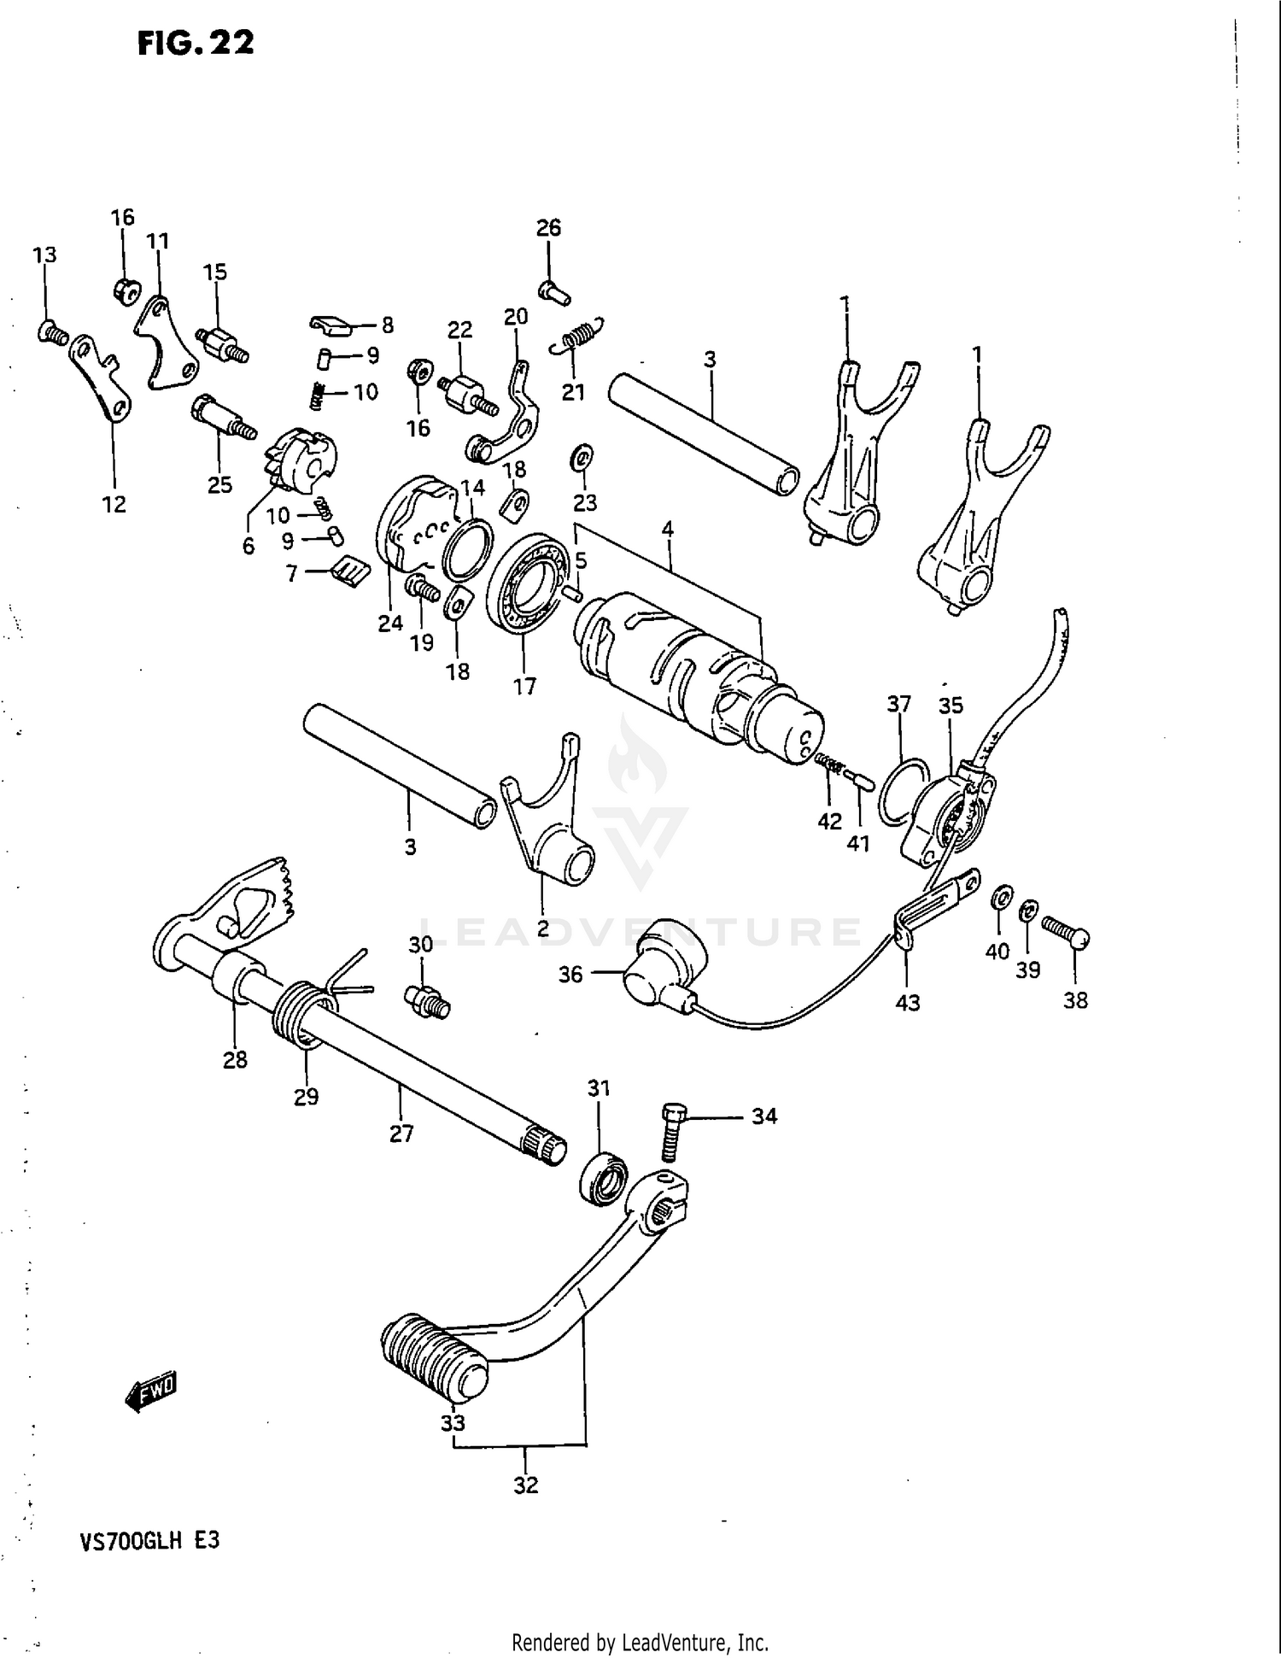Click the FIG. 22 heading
coord(196,43)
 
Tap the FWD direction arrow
coord(151,1393)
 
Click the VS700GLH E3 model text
coord(149,1540)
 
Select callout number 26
coord(548,227)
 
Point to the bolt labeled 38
coord(1066,934)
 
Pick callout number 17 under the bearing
coord(524,686)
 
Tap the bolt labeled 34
coord(670,1131)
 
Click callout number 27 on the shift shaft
coord(401,1134)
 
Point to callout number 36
coord(570,974)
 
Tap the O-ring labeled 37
coord(903,790)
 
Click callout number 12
coord(114,504)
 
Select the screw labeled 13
coord(53,333)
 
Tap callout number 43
coord(907,1002)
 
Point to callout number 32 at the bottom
coord(526,1485)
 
